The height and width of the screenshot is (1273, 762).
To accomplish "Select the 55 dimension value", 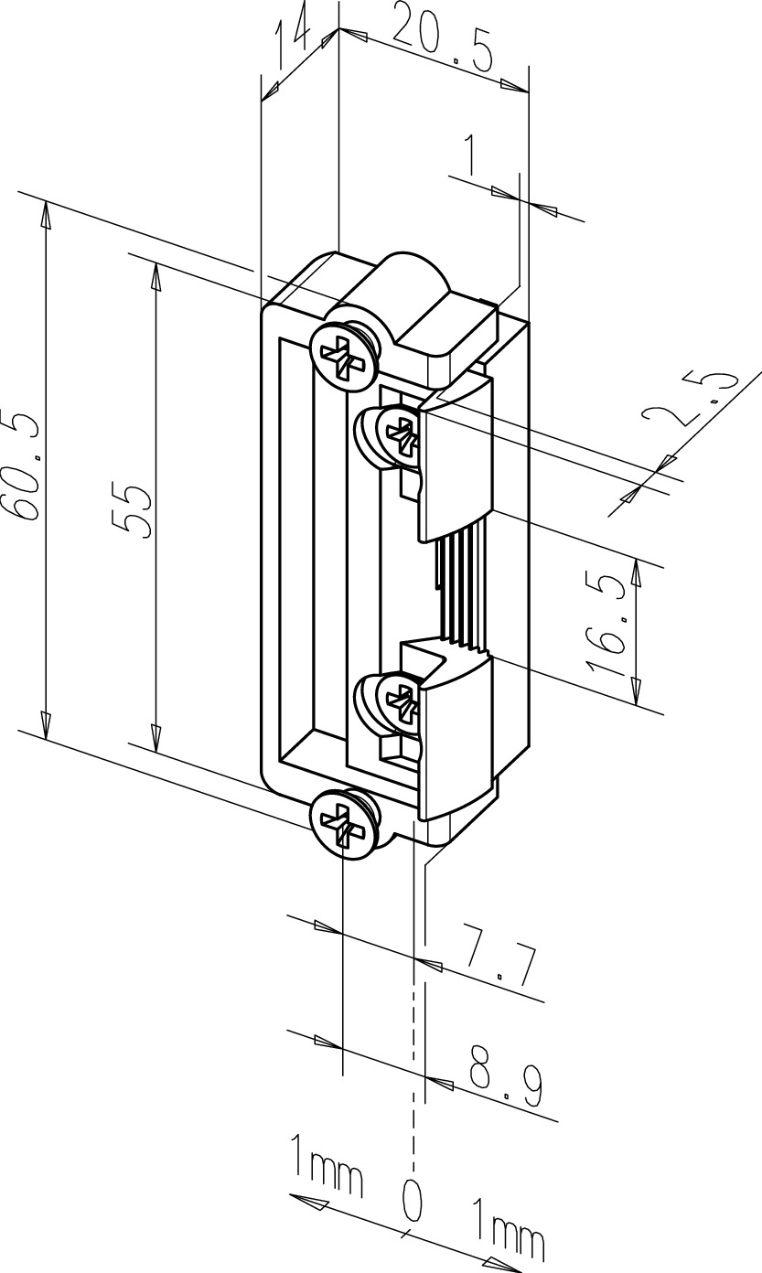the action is pos(132,511).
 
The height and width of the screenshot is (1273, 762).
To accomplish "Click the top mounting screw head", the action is pos(344,357).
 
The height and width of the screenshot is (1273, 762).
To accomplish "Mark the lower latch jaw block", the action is pos(455,739).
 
